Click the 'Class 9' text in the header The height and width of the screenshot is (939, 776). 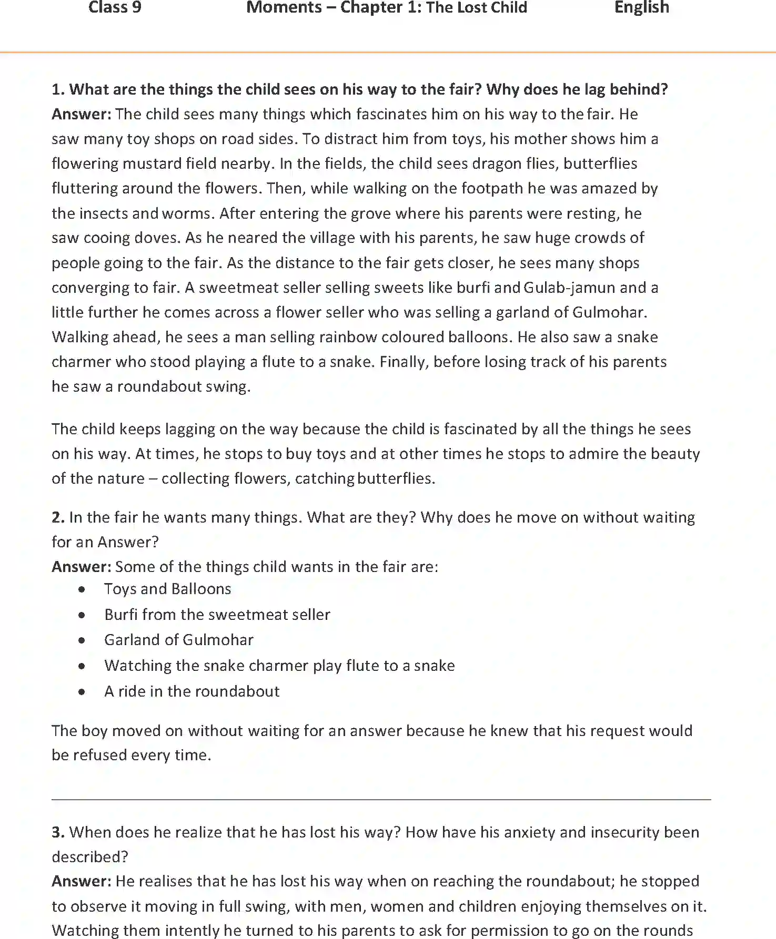[115, 7]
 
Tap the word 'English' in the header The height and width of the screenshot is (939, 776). [641, 7]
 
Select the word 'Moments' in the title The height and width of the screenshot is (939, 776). [284, 7]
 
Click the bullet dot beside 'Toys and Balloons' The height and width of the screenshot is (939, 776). [82, 590]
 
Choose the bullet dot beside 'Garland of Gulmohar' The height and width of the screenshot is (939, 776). [82, 640]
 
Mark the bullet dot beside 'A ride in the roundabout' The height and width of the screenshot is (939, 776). [82, 692]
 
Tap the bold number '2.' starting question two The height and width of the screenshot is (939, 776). [58, 518]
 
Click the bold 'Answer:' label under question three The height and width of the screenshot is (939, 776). [82, 882]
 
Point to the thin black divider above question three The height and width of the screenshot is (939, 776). [381, 800]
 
